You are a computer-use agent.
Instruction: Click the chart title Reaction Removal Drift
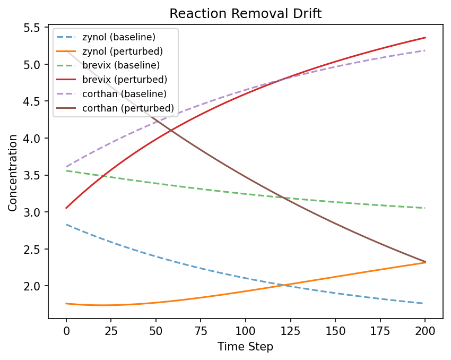click(245, 14)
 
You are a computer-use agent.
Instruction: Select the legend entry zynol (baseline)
click(118, 38)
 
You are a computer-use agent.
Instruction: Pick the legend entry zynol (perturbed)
click(122, 52)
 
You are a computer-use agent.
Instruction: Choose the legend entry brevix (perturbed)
click(125, 80)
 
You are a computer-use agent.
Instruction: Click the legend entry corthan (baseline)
click(124, 93)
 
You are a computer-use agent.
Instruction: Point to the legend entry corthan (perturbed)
click(128, 108)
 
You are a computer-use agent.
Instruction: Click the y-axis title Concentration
click(13, 173)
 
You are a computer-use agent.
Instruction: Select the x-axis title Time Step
click(245, 347)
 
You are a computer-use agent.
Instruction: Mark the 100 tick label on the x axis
click(245, 331)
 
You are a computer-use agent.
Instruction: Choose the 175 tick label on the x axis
click(380, 331)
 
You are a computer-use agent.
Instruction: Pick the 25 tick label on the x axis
click(111, 331)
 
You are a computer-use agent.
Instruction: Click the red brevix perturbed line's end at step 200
click(425, 38)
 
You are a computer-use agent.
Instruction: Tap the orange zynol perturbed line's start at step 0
click(66, 304)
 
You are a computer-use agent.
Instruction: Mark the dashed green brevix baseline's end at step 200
click(425, 208)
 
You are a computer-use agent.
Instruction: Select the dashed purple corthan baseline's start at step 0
click(66, 167)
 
